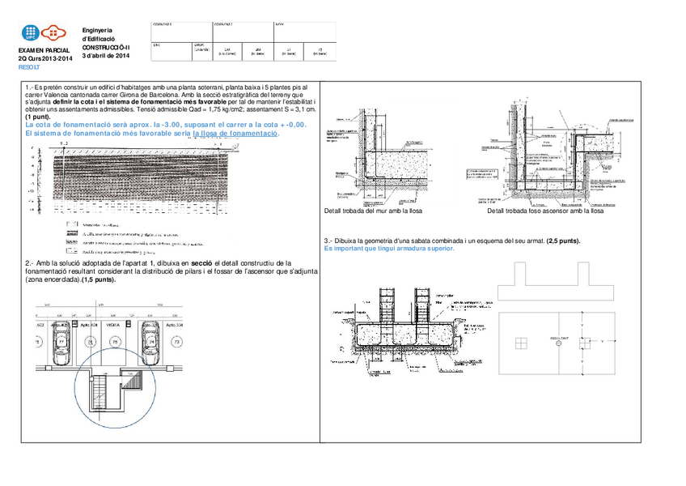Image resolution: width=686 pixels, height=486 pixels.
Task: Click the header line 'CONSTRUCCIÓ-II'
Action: (x=106, y=47)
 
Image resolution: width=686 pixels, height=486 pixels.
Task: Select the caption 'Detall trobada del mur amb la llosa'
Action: (x=373, y=211)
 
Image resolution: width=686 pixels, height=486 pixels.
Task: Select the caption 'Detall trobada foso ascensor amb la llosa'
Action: (x=545, y=211)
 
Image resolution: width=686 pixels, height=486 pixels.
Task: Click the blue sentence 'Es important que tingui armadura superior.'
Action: (x=389, y=249)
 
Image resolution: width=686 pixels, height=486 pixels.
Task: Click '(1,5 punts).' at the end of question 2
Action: (x=95, y=279)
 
